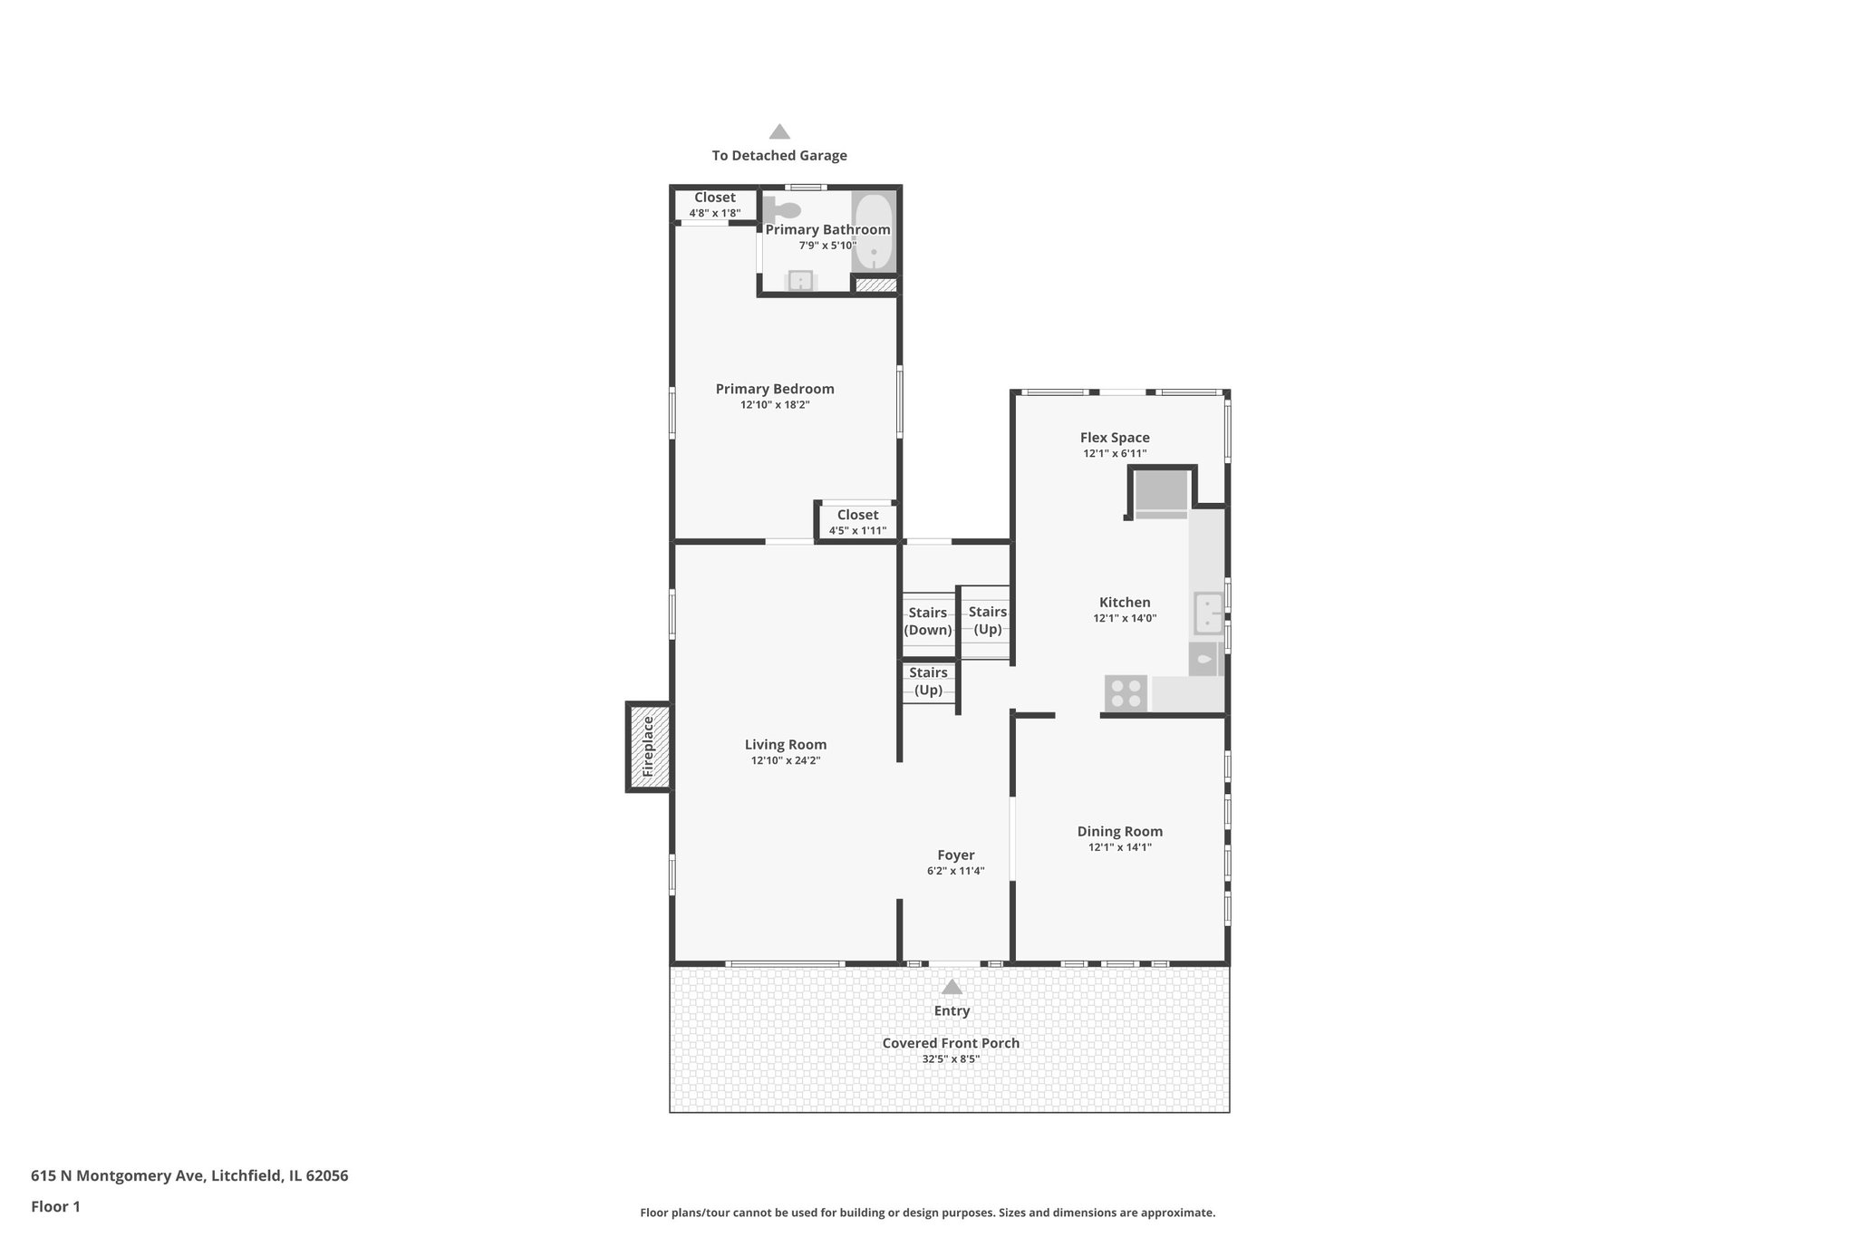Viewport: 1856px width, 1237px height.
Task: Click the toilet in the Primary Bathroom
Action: coord(782,210)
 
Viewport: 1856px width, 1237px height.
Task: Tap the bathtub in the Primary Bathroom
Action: coord(874,232)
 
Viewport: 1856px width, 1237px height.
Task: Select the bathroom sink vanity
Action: coord(800,281)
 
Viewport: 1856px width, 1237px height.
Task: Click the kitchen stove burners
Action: coord(1126,693)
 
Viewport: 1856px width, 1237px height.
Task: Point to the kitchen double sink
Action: coord(1206,614)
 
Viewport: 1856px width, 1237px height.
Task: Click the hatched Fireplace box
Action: coord(649,747)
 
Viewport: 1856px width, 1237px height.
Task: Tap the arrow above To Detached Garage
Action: coord(779,132)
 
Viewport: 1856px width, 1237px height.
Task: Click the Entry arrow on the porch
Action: coord(952,987)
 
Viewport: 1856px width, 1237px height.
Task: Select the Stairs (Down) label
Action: coord(928,622)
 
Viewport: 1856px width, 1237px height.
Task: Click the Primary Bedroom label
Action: coord(775,389)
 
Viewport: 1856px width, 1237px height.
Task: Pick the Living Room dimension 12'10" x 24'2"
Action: coord(786,761)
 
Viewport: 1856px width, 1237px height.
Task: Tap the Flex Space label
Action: coord(1115,438)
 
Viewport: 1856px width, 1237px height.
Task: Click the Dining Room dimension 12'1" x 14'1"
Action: coord(1120,847)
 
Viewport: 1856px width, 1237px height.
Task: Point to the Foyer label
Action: coord(955,855)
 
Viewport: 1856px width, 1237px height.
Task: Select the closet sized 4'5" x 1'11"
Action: coord(857,522)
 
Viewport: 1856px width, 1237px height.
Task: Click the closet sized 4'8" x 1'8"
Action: coord(715,205)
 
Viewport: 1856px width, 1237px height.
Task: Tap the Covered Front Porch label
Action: coord(951,1043)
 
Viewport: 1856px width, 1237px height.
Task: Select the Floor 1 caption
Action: coord(55,1206)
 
